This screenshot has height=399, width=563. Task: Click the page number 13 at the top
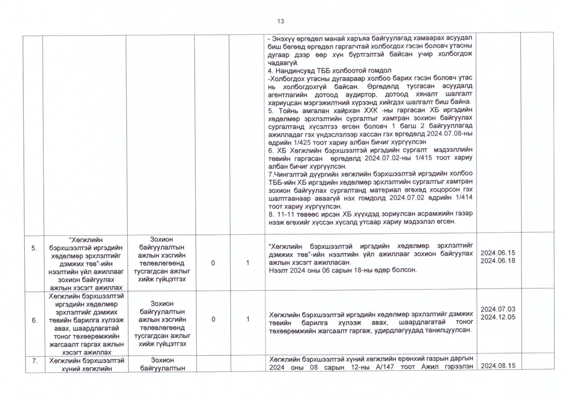pos(280,21)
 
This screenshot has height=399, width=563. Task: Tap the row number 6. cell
pos(34,320)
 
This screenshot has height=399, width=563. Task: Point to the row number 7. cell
pos(34,361)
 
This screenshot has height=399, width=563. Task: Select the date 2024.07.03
pos(498,309)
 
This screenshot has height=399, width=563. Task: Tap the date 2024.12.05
pos(498,317)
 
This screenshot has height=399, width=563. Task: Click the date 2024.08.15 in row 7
pos(498,366)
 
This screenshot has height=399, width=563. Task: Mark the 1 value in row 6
pos(248,319)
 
